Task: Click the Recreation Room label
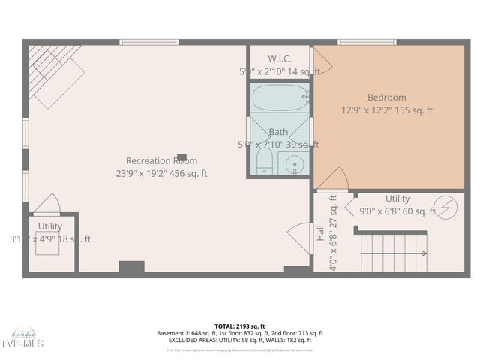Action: click(161, 160)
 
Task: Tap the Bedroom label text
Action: click(386, 97)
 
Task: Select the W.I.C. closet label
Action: click(279, 58)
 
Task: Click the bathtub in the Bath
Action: click(279, 97)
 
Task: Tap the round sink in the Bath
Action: click(294, 163)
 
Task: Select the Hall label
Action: click(320, 232)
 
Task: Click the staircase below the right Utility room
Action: click(393, 252)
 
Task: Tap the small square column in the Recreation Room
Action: click(181, 157)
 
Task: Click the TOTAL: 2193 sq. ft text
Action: click(240, 326)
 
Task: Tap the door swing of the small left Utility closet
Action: click(46, 204)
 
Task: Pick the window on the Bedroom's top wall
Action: click(367, 42)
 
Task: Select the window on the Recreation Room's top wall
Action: click(149, 42)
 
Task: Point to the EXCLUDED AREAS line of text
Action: click(240, 340)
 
